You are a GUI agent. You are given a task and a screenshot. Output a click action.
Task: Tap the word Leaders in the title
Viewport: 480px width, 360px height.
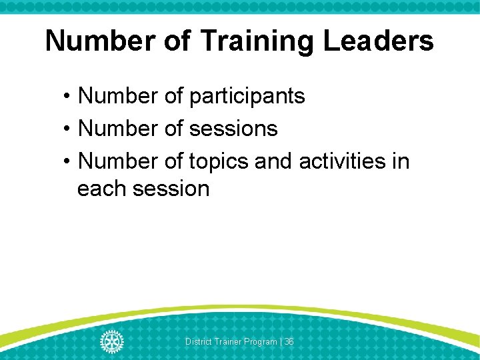point(378,41)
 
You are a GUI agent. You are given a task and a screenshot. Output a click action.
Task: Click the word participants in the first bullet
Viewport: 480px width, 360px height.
point(247,96)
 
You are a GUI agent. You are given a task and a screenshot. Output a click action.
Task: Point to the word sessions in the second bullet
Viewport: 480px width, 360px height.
point(233,128)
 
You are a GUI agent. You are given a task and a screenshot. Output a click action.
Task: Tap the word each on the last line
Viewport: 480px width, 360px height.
point(102,189)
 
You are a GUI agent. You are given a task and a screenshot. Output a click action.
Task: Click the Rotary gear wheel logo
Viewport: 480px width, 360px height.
point(111,341)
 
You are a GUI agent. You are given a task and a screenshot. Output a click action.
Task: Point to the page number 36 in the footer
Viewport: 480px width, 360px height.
point(289,342)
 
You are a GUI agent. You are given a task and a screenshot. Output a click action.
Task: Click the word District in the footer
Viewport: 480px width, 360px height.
point(198,342)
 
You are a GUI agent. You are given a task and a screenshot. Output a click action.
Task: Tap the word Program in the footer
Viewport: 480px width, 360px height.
point(259,342)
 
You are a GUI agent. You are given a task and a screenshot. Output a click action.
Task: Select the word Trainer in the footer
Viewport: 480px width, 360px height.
point(227,342)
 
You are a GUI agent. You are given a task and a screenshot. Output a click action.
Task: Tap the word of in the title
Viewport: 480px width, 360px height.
point(179,41)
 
